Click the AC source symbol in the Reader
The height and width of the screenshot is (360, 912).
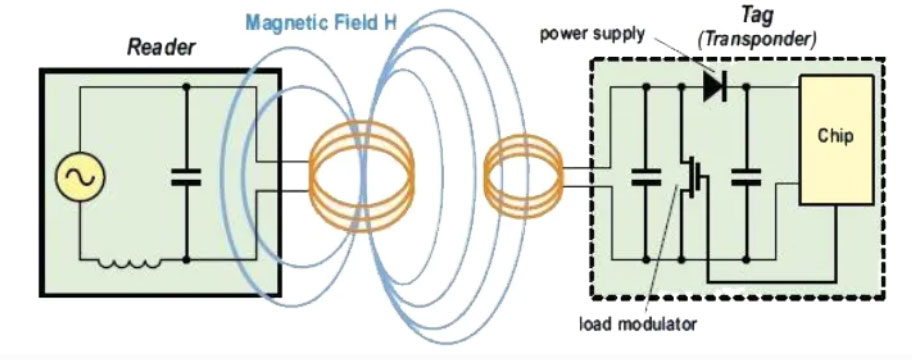(x=76, y=177)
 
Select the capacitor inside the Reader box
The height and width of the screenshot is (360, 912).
(x=186, y=177)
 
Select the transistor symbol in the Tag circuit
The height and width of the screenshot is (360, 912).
(x=689, y=180)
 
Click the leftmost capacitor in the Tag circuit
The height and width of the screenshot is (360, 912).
(x=645, y=180)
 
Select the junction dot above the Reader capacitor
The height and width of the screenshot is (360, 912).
(x=186, y=86)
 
